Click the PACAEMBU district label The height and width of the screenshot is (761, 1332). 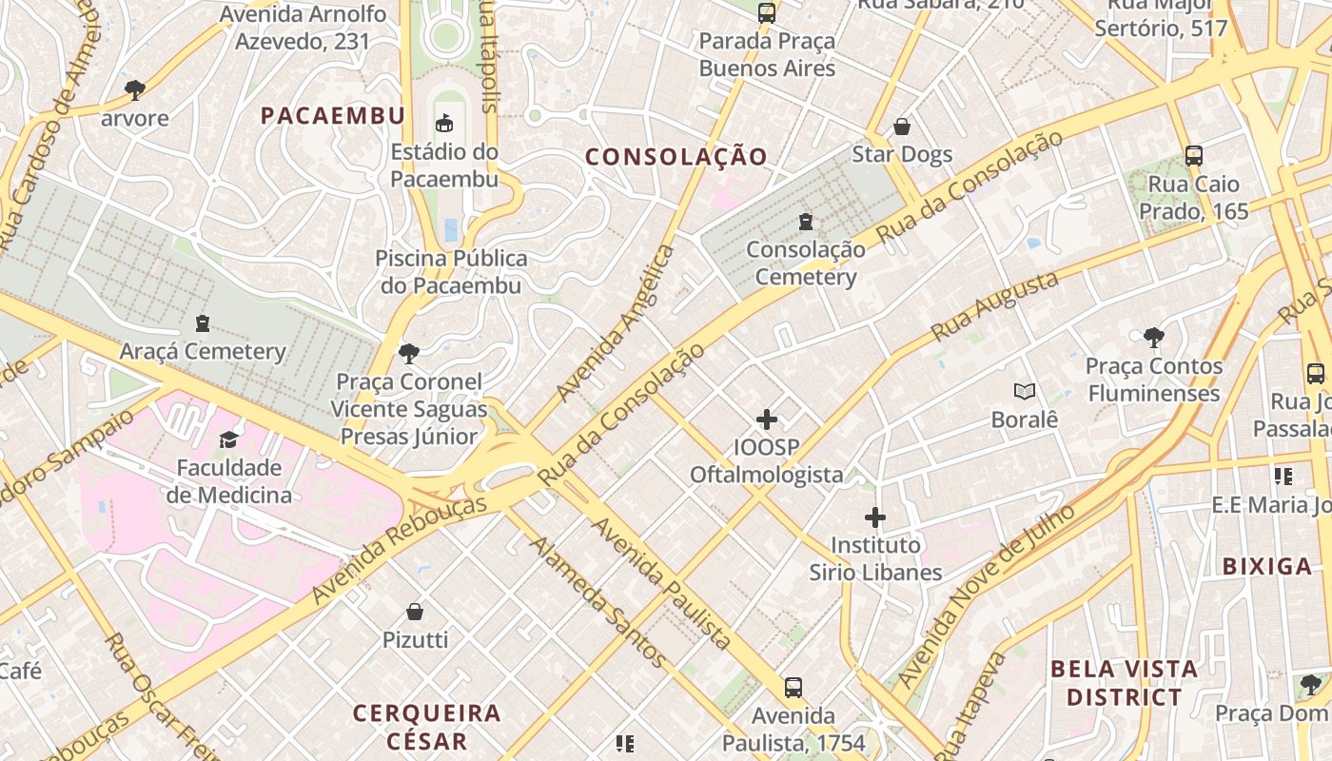(333, 116)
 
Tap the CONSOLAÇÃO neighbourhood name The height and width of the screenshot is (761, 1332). (676, 157)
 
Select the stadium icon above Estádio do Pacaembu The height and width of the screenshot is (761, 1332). (444, 123)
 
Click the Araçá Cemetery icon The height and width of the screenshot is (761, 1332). (202, 323)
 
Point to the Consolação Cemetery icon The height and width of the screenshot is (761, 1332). (806, 222)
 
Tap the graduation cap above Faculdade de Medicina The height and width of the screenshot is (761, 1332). (228, 439)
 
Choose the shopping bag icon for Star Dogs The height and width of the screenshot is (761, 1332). (901, 127)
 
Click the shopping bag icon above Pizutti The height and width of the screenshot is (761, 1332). (415, 612)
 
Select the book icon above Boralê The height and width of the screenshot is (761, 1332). (1025, 391)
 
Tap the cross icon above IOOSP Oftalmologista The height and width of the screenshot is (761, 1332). (766, 420)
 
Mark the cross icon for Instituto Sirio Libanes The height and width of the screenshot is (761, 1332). (875, 517)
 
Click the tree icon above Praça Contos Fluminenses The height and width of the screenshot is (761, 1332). (1153, 337)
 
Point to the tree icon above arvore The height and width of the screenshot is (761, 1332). (135, 90)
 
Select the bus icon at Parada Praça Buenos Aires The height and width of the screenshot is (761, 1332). (766, 13)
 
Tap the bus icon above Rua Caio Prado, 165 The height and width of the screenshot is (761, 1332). (1193, 156)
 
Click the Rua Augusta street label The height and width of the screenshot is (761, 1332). (995, 306)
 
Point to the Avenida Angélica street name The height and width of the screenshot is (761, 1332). (617, 323)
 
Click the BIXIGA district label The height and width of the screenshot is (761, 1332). (1266, 567)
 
